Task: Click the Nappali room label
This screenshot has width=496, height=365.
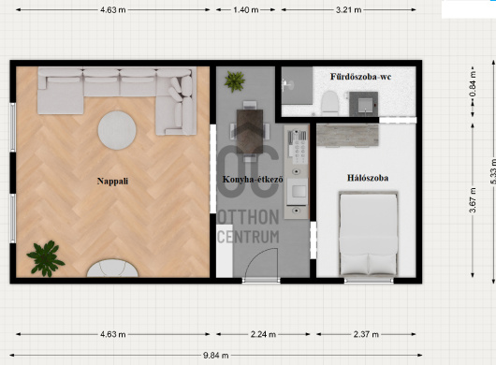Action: (x=112, y=182)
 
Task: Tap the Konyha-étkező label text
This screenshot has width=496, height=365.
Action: (x=253, y=180)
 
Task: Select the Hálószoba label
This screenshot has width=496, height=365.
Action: (x=368, y=178)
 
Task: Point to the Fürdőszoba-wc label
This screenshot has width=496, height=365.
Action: (x=361, y=77)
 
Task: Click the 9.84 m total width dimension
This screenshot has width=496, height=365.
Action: (x=216, y=356)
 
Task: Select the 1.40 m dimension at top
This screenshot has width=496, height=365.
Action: (x=246, y=9)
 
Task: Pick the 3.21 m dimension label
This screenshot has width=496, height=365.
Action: (x=348, y=9)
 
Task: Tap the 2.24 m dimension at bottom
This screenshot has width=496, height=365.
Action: (x=263, y=334)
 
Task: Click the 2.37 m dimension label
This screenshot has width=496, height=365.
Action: (x=366, y=334)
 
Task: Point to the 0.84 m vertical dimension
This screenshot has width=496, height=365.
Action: (x=473, y=84)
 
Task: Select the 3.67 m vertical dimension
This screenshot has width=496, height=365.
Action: (x=473, y=200)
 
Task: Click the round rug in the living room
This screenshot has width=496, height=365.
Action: (x=117, y=130)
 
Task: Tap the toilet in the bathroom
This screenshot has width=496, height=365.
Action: (x=329, y=103)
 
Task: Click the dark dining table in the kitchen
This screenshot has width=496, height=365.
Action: (x=250, y=131)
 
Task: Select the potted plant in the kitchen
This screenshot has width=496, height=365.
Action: (x=235, y=81)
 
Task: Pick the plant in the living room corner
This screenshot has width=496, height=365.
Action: (x=46, y=258)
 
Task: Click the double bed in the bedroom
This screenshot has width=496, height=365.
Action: (x=368, y=233)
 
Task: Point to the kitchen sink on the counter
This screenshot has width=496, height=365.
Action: (x=299, y=191)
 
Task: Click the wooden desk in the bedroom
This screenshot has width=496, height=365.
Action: (x=347, y=136)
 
